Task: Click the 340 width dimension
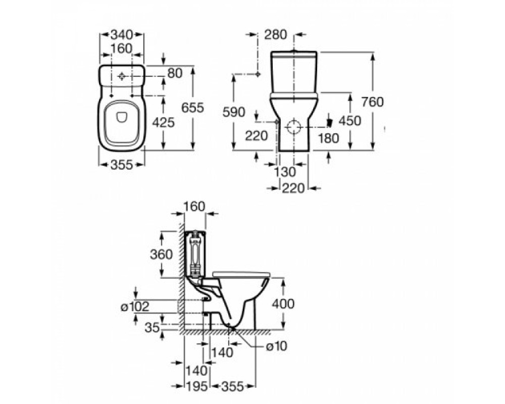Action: click(x=122, y=34)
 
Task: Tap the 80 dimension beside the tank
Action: click(x=174, y=73)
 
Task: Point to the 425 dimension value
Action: click(x=163, y=122)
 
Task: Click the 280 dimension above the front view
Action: click(x=276, y=34)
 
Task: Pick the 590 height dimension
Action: click(x=234, y=112)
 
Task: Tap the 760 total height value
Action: click(x=373, y=102)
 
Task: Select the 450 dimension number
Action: click(x=350, y=121)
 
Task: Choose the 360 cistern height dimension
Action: click(x=162, y=255)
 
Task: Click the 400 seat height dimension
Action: click(x=283, y=304)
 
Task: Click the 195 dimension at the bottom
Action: click(x=196, y=386)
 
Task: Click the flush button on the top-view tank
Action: click(x=122, y=77)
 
